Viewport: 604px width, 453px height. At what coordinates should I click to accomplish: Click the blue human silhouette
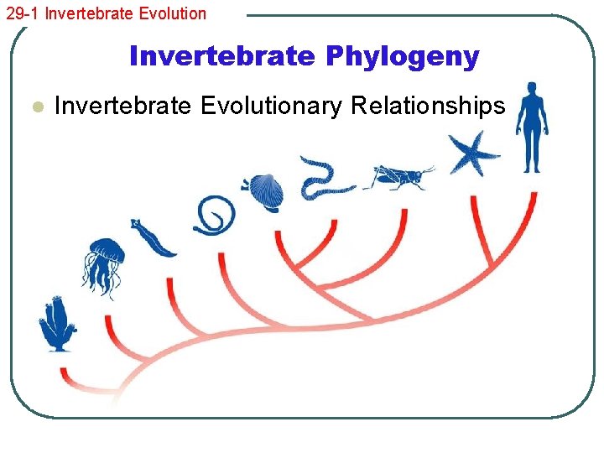pos(531,126)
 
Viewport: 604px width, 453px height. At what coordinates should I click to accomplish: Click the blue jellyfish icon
pos(103,264)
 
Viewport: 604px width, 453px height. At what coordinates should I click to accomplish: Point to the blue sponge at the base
pos(56,324)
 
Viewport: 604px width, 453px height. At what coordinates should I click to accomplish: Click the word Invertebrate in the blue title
pos(220,56)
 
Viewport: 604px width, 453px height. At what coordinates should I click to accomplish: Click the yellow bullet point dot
pos(35,107)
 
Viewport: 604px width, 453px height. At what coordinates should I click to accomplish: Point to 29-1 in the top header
pos(22,13)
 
